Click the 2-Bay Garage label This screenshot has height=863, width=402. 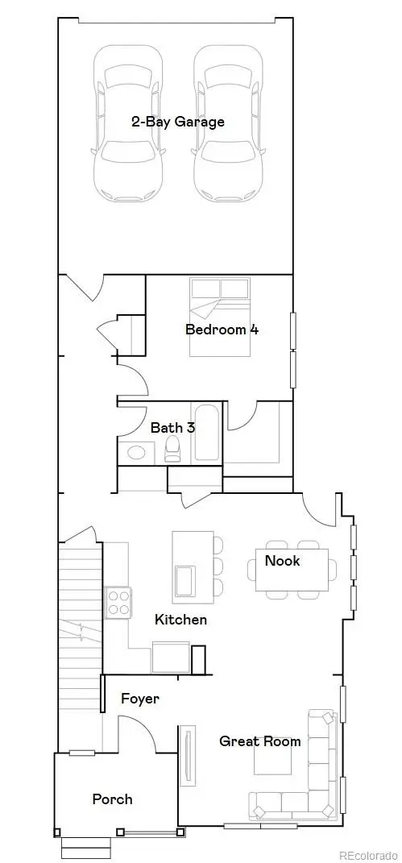pos(178,122)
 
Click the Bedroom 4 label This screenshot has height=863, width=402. pos(222,329)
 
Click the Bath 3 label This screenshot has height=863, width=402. pos(172,427)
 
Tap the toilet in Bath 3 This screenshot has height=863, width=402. pos(173,450)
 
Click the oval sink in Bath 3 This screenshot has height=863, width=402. pos(137,452)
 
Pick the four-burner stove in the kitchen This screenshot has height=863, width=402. pos(118,601)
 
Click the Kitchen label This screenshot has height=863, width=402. pos(180,620)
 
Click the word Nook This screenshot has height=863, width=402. pos(282,560)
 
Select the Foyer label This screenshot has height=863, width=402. pos(140,699)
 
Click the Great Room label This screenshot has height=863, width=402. pos(260,741)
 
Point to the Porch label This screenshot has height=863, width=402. pos(112,799)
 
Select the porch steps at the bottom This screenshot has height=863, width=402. pos(86,847)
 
